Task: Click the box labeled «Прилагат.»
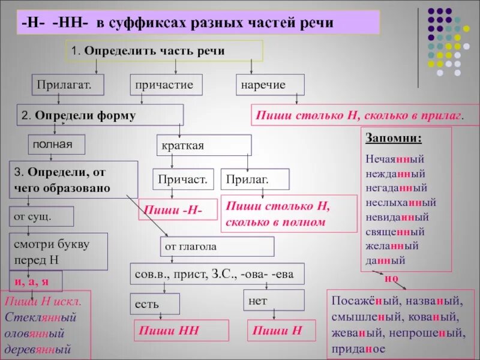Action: [x=68, y=85]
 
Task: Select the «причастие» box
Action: [x=166, y=85]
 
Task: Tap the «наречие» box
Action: [x=270, y=85]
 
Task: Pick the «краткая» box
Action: [x=204, y=146]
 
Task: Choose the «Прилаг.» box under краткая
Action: [x=255, y=179]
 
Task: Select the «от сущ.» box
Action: [x=41, y=216]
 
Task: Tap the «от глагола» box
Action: [x=217, y=246]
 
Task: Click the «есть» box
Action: [x=154, y=304]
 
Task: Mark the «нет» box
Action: [x=273, y=299]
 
